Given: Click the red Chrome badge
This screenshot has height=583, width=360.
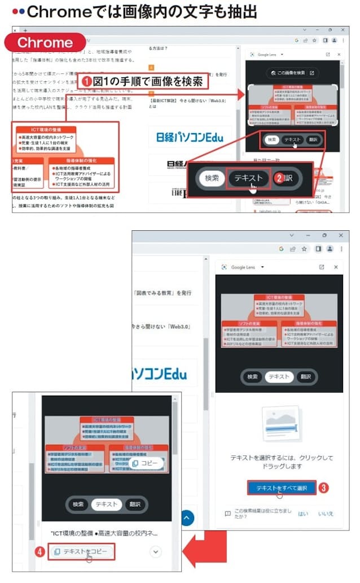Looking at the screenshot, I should pyautogui.click(x=45, y=43).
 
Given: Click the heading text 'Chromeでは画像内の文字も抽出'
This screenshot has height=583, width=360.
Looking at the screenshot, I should pyautogui.click(x=135, y=11).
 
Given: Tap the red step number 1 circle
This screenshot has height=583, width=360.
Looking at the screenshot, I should pyautogui.click(x=86, y=81).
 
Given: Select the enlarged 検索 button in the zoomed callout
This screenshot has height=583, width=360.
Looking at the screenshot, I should pyautogui.click(x=212, y=178).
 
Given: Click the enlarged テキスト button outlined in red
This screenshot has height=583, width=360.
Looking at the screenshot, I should pyautogui.click(x=248, y=178).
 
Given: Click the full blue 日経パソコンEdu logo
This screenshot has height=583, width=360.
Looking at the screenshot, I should pyautogui.click(x=190, y=137).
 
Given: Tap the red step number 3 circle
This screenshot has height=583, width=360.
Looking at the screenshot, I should pyautogui.click(x=323, y=488).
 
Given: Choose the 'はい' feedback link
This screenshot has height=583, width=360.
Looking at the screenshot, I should pyautogui.click(x=303, y=514).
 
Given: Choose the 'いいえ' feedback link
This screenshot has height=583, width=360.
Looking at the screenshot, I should pyautogui.click(x=326, y=514).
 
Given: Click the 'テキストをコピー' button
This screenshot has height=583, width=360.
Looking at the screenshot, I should pyautogui.click(x=81, y=551).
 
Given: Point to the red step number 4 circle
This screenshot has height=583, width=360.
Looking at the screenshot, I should pyautogui.click(x=39, y=551).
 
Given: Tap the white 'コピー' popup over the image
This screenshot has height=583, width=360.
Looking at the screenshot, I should pyautogui.click(x=145, y=463).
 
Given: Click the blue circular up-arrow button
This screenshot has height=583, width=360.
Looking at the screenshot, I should pyautogui.click(x=186, y=518).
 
